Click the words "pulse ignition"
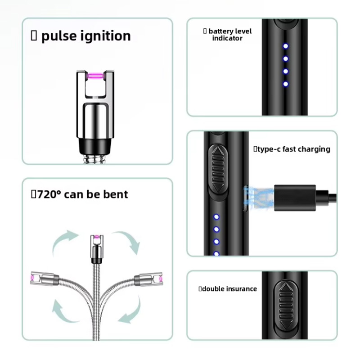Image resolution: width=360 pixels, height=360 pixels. point(86,36)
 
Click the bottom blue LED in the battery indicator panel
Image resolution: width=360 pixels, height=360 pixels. point(285,84)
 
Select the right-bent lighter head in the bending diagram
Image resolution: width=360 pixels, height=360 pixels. point(150,279)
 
